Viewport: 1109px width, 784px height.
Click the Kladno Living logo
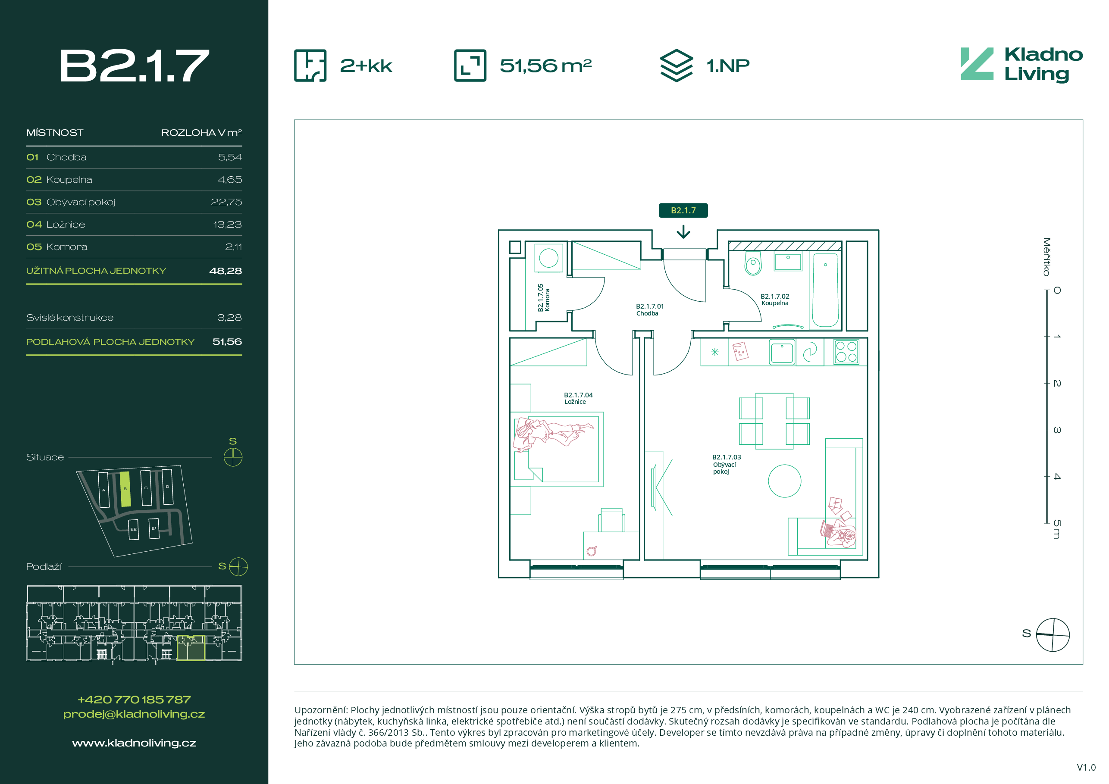click(1021, 65)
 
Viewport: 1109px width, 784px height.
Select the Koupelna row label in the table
click(69, 180)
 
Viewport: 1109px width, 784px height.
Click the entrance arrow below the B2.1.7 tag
click(683, 232)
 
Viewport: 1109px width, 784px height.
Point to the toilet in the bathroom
click(752, 262)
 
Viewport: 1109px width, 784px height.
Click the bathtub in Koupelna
click(825, 290)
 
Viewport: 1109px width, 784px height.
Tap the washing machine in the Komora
click(549, 258)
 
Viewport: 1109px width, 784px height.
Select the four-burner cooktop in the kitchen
click(846, 351)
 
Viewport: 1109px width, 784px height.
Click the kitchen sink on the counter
click(781, 353)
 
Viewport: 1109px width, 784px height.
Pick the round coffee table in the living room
click(784, 481)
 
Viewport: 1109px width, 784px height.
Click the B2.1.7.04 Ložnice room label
click(578, 398)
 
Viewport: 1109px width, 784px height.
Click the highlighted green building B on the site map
click(125, 489)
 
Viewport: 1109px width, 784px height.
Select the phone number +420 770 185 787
click(134, 700)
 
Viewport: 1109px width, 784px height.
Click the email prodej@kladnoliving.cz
click(134, 714)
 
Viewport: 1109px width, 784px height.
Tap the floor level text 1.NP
click(728, 66)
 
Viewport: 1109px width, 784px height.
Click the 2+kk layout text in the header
click(366, 66)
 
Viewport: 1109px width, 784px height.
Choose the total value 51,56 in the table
click(227, 342)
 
